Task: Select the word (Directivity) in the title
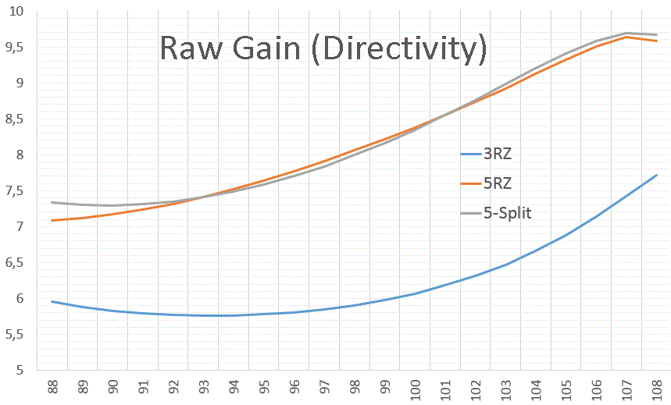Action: point(397,48)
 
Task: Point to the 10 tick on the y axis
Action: point(15,12)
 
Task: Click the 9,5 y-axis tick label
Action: point(14,48)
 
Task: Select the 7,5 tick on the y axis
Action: point(14,191)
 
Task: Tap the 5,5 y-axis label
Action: point(14,334)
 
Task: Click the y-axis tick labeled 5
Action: point(20,370)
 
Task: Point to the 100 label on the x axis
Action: point(416,388)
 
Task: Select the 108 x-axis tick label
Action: point(657,388)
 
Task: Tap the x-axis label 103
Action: point(506,388)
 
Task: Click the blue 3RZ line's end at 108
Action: point(657,175)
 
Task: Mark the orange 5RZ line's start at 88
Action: point(52,220)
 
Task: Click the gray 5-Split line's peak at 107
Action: point(626,33)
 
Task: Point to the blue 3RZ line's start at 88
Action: point(52,301)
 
